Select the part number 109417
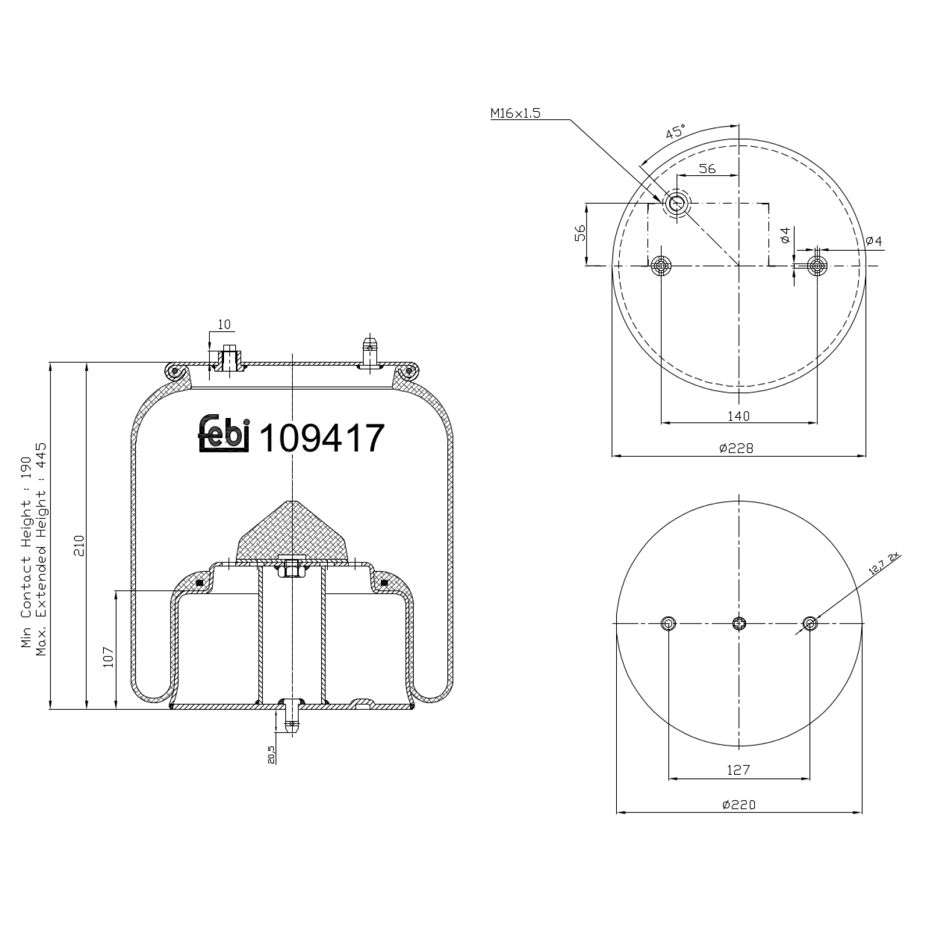point(322,438)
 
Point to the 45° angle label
point(675,132)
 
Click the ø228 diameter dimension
point(736,448)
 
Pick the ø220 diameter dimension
point(738,804)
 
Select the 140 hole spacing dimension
point(738,415)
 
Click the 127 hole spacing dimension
point(738,770)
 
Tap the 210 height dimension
point(79,545)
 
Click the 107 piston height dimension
point(109,657)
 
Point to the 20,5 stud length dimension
point(272,754)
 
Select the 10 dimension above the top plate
point(223,325)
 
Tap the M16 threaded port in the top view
point(677,202)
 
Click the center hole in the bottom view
point(739,624)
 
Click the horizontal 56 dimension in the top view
point(707,169)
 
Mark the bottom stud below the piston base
point(290,719)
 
